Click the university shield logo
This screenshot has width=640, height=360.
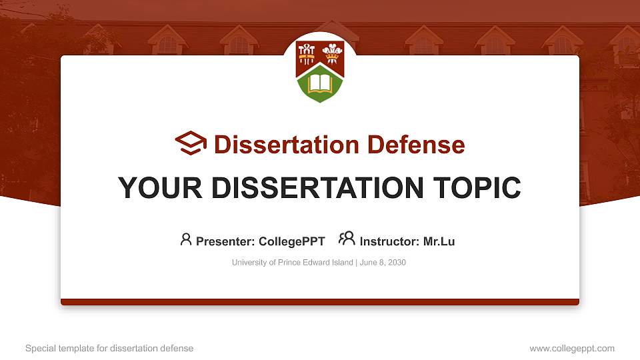(x=320, y=71)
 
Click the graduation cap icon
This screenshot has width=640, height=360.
(x=191, y=143)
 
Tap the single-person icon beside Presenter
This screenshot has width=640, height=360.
(x=186, y=239)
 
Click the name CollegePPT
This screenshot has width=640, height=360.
(x=292, y=241)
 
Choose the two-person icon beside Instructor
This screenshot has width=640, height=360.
(x=347, y=239)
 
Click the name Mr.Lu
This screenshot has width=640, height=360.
(x=439, y=241)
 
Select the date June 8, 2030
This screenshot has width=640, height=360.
(x=383, y=263)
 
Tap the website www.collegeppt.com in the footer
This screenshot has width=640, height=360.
(x=572, y=348)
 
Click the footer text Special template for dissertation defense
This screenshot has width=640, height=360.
(x=109, y=348)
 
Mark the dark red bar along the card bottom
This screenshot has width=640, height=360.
(x=320, y=302)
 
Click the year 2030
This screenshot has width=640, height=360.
(x=396, y=263)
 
